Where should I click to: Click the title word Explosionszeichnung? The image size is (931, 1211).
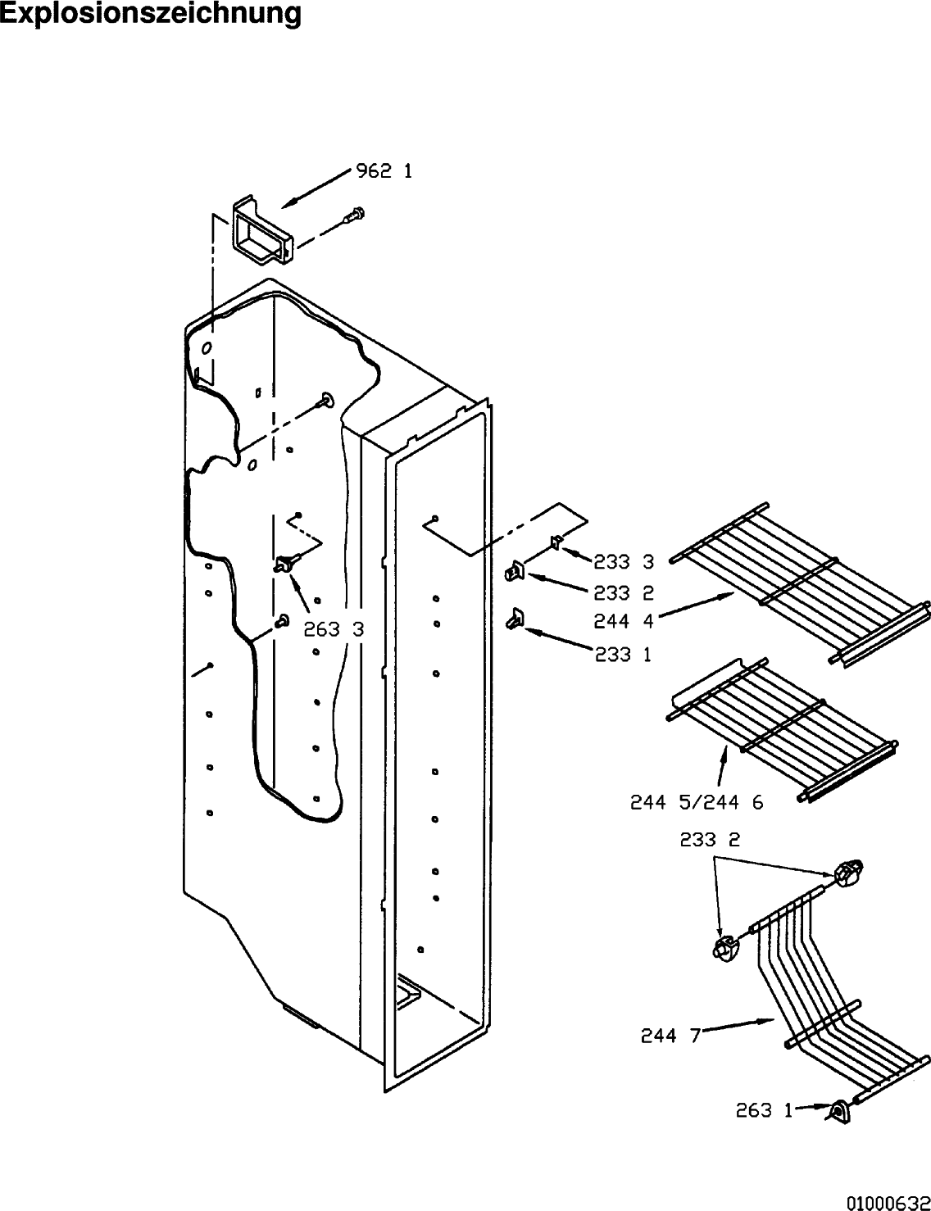[x=151, y=13]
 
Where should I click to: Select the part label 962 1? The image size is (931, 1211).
[x=384, y=171]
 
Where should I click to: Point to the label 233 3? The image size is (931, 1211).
[x=624, y=562]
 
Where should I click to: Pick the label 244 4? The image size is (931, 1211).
[x=624, y=621]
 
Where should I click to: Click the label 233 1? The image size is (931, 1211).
[x=623, y=655]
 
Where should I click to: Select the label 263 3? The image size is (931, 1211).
[x=334, y=629]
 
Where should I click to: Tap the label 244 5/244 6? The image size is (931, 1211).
[x=697, y=802]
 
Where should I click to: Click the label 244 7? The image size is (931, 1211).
[x=670, y=1036]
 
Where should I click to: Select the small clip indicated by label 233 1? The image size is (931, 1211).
[x=515, y=619]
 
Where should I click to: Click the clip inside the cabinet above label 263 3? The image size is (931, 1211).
[x=286, y=564]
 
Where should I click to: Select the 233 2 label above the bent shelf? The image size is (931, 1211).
[x=710, y=855]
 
